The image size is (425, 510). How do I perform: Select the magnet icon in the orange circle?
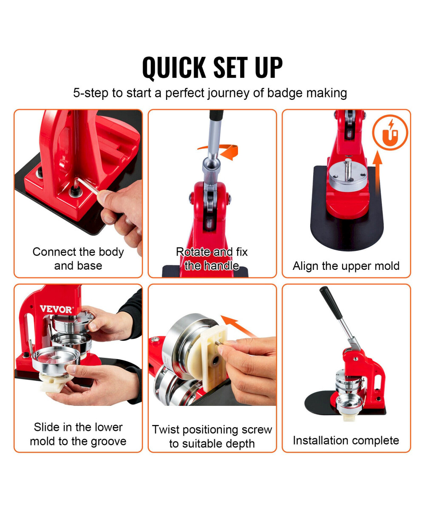point(390,132)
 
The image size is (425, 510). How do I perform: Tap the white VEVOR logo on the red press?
point(57,309)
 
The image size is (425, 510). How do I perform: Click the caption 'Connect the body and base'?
point(78,259)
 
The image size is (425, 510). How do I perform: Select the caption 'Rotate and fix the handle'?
point(212,259)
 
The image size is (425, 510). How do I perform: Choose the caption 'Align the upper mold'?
point(346,266)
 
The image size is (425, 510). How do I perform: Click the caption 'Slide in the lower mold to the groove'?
point(78,434)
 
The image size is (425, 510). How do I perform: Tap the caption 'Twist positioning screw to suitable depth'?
point(212,436)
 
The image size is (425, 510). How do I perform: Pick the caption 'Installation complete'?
point(346,440)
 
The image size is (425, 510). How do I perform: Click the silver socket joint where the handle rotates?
point(211,166)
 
